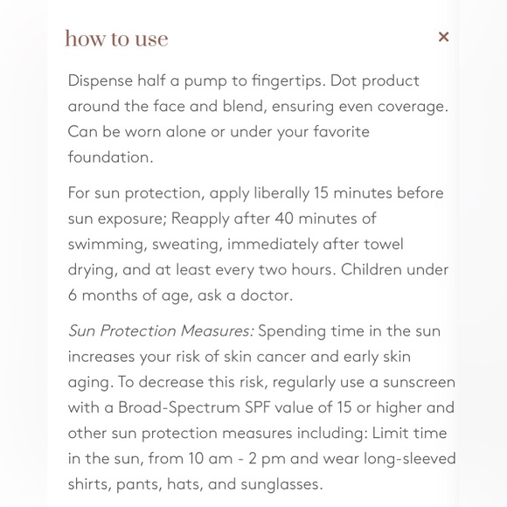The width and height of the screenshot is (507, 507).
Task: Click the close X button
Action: pos(443,37)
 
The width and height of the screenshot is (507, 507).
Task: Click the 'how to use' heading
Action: pos(116,39)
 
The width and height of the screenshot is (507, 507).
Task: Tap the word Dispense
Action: pos(102,80)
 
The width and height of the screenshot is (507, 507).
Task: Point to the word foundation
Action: pos(109,157)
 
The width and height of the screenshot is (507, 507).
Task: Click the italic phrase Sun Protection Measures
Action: pos(161,331)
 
